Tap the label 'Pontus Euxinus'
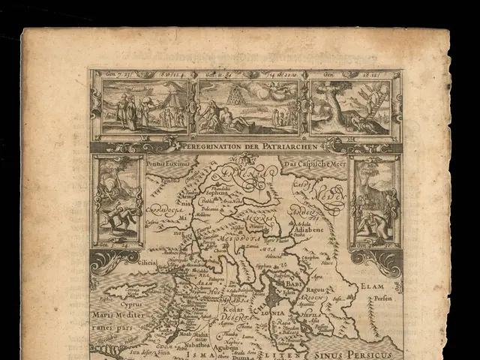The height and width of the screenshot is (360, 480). (166, 162)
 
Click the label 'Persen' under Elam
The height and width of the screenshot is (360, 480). (383, 298)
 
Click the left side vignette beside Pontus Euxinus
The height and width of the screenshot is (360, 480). (117, 201)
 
